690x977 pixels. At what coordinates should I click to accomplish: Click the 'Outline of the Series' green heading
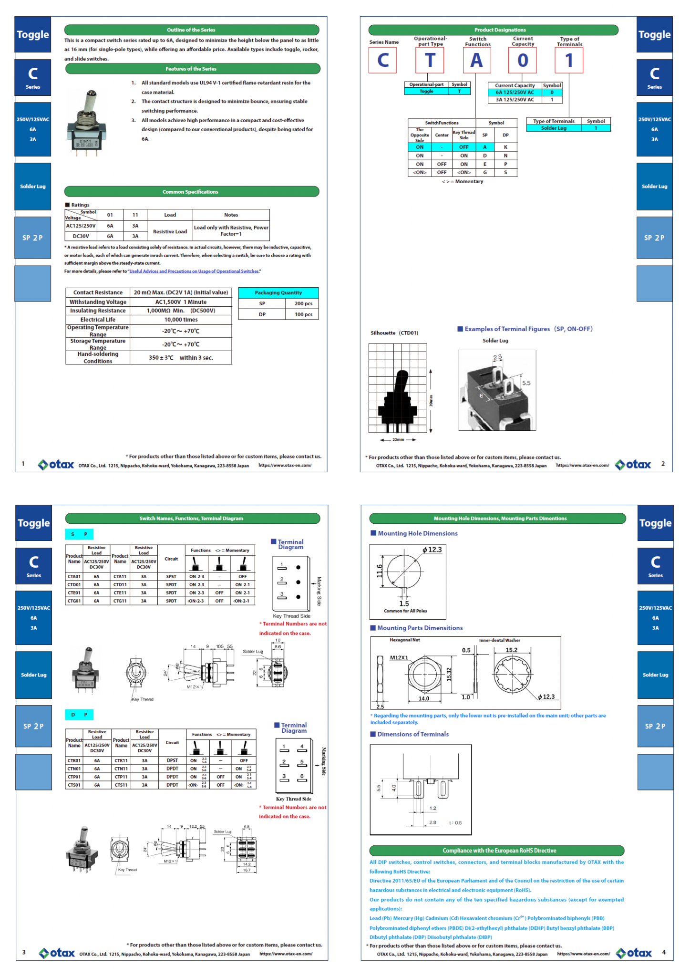[x=191, y=30]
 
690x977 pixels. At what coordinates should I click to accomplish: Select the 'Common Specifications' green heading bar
[x=191, y=192]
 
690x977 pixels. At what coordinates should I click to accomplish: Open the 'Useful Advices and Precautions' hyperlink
[x=194, y=271]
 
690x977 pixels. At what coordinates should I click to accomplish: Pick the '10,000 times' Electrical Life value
[x=181, y=320]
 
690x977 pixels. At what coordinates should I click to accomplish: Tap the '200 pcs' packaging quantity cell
[x=303, y=303]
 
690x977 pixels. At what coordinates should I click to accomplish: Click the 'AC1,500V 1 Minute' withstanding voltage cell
[x=181, y=302]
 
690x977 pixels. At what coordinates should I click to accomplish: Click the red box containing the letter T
[x=430, y=61]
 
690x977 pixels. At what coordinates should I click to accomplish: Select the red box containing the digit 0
[x=522, y=61]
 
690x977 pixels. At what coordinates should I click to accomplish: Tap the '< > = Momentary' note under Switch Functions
[x=462, y=181]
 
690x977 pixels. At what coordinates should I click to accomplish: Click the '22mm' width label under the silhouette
[x=398, y=440]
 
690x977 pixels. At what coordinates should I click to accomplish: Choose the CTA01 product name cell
[x=74, y=577]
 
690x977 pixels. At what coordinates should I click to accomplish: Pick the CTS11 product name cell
[x=121, y=785]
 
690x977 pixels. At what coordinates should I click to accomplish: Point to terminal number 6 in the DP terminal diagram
[x=302, y=777]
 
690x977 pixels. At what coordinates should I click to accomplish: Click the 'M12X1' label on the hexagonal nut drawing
[x=399, y=657]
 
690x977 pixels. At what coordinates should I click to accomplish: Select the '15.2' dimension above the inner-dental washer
[x=511, y=650]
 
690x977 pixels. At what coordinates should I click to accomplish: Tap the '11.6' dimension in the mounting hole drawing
[x=380, y=571]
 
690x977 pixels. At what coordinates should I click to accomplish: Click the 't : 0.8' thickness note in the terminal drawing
[x=455, y=822]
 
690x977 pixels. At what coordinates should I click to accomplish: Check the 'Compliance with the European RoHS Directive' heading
[x=496, y=851]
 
